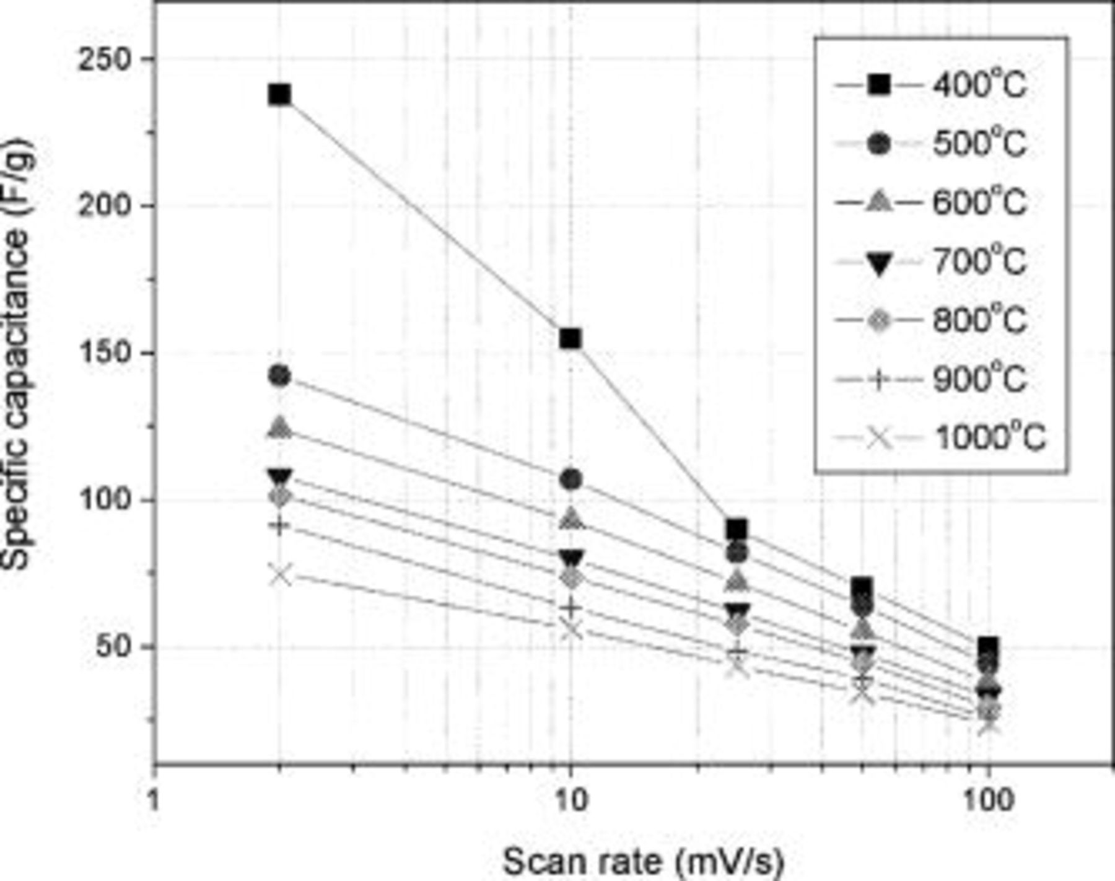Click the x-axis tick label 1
pyautogui.click(x=155, y=800)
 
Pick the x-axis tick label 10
pyautogui.click(x=571, y=800)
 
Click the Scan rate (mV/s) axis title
pyautogui.click(x=643, y=861)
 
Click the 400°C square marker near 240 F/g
pyautogui.click(x=280, y=95)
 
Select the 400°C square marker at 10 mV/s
pyautogui.click(x=571, y=339)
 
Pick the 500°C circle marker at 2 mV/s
pyautogui.click(x=280, y=375)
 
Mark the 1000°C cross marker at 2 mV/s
pyautogui.click(x=280, y=575)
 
